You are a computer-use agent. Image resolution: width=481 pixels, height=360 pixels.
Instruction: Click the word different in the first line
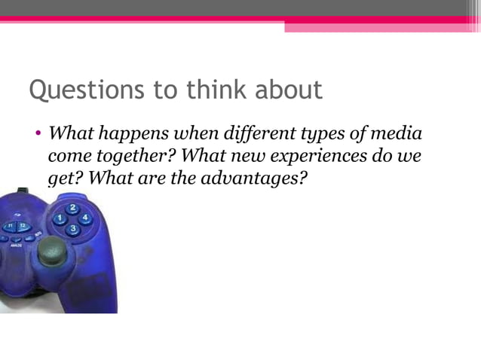tap(259, 136)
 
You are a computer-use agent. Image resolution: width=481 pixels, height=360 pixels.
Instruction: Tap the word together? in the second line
tap(138, 157)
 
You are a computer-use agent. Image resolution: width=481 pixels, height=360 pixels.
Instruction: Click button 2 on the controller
tap(72, 208)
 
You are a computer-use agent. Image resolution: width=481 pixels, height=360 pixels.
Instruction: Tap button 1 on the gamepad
tap(59, 218)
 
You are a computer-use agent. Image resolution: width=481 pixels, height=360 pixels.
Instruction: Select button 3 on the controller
tap(72, 228)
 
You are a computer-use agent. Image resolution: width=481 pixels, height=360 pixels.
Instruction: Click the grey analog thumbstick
tap(52, 250)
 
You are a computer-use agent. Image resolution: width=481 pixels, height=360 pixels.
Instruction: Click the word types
tap(326, 136)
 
